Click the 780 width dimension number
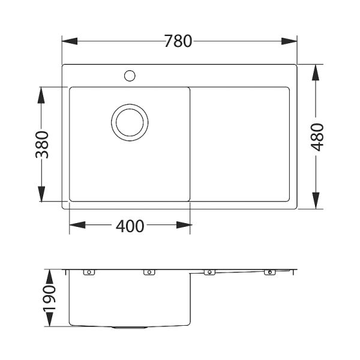click(x=178, y=42)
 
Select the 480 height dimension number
click(x=317, y=137)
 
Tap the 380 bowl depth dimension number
click(x=41, y=145)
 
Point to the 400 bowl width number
click(x=130, y=226)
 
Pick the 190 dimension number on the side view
click(x=50, y=299)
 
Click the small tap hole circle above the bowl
click(x=129, y=76)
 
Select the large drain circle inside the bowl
click(x=129, y=122)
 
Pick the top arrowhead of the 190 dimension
click(x=50, y=274)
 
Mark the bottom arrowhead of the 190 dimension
click(x=50, y=323)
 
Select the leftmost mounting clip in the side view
click(x=89, y=272)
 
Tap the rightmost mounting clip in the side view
click(x=269, y=272)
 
